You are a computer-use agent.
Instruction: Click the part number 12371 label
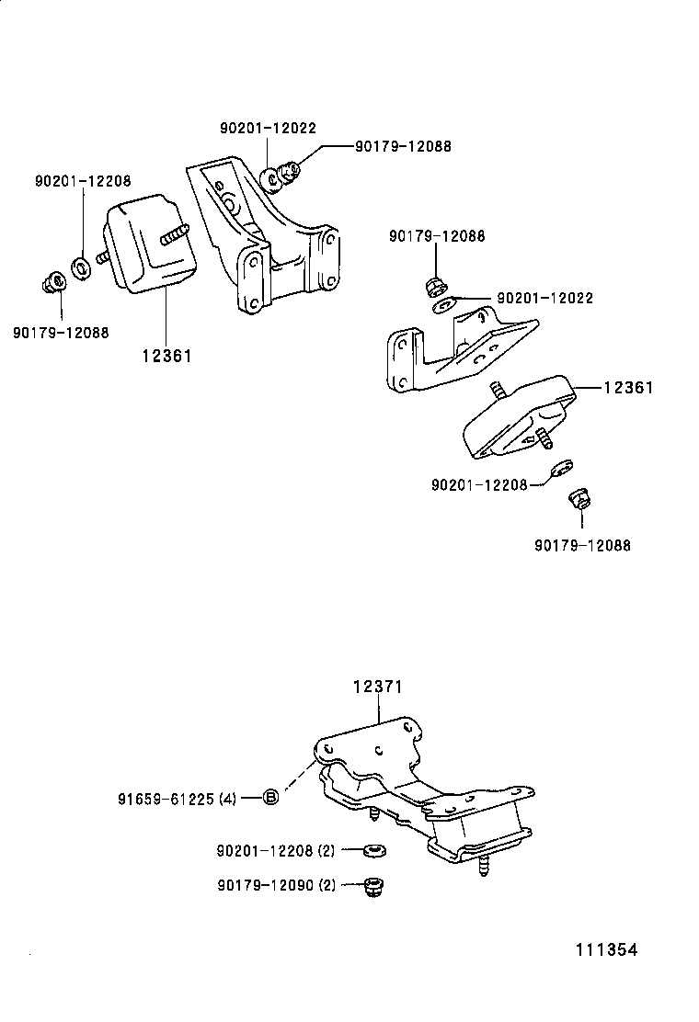click(378, 687)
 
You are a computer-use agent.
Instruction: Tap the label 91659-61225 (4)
click(177, 798)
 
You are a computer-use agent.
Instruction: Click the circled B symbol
click(270, 798)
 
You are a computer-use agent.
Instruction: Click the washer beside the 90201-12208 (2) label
click(374, 850)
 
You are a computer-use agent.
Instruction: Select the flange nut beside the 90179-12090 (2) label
click(373, 886)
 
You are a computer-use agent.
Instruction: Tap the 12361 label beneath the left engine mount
click(166, 355)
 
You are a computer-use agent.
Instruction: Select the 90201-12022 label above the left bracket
click(268, 129)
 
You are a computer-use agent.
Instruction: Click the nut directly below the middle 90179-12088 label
click(436, 285)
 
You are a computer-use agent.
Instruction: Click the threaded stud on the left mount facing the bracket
click(175, 234)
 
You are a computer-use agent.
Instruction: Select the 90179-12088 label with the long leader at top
click(404, 145)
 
